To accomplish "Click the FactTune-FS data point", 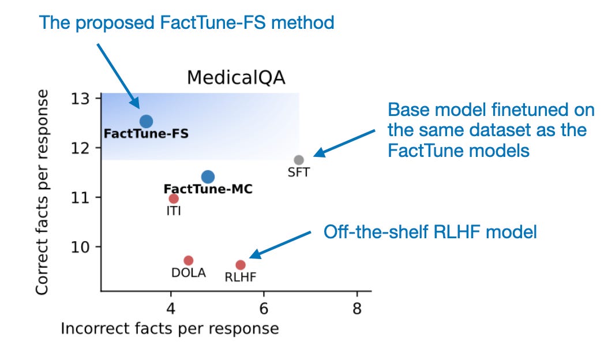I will (146, 121).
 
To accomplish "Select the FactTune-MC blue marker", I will (208, 177).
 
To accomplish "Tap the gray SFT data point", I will (299, 160).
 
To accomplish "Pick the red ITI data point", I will (174, 198).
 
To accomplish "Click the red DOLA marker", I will (188, 260).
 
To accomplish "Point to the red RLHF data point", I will (241, 265).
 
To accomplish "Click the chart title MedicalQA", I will (235, 78).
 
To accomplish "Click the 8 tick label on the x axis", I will (357, 308).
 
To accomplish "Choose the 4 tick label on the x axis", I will (171, 308).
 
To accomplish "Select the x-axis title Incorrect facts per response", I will (170, 329).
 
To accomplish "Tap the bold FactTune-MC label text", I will (208, 189).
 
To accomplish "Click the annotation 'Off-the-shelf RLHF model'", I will (430, 232).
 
